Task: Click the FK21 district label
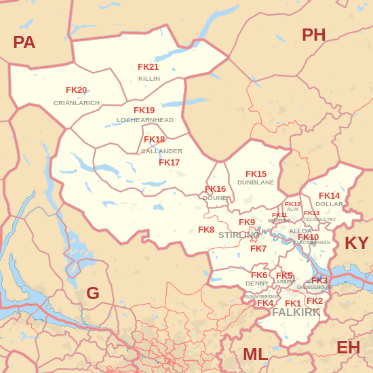[148, 67]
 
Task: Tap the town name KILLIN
[149, 79]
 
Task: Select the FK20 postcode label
[76, 90]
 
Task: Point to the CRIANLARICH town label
[77, 103]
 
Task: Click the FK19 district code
[144, 111]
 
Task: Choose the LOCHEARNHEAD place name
[145, 120]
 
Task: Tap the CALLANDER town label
[161, 151]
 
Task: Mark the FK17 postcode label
[169, 163]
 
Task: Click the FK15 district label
[256, 174]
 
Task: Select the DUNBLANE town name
[256, 182]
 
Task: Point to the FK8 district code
[206, 230]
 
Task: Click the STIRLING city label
[239, 235]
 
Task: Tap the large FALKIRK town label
[296, 313]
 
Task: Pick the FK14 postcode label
[329, 196]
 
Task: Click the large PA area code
[24, 43]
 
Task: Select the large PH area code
[313, 35]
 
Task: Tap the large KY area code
[357, 243]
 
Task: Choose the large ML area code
[255, 354]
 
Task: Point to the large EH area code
[348, 348]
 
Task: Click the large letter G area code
[93, 294]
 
